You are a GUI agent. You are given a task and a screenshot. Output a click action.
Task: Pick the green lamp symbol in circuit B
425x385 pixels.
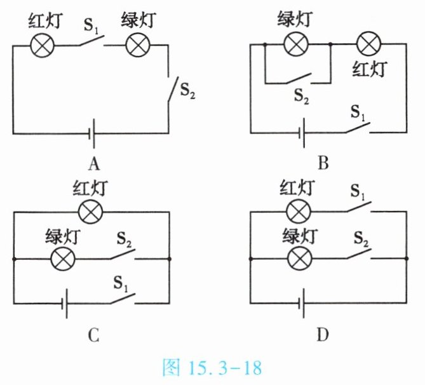click(x=294, y=44)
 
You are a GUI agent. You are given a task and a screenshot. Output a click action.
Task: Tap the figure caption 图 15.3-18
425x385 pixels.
click(x=212, y=368)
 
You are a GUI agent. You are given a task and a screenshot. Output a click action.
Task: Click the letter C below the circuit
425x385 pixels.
click(x=93, y=334)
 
